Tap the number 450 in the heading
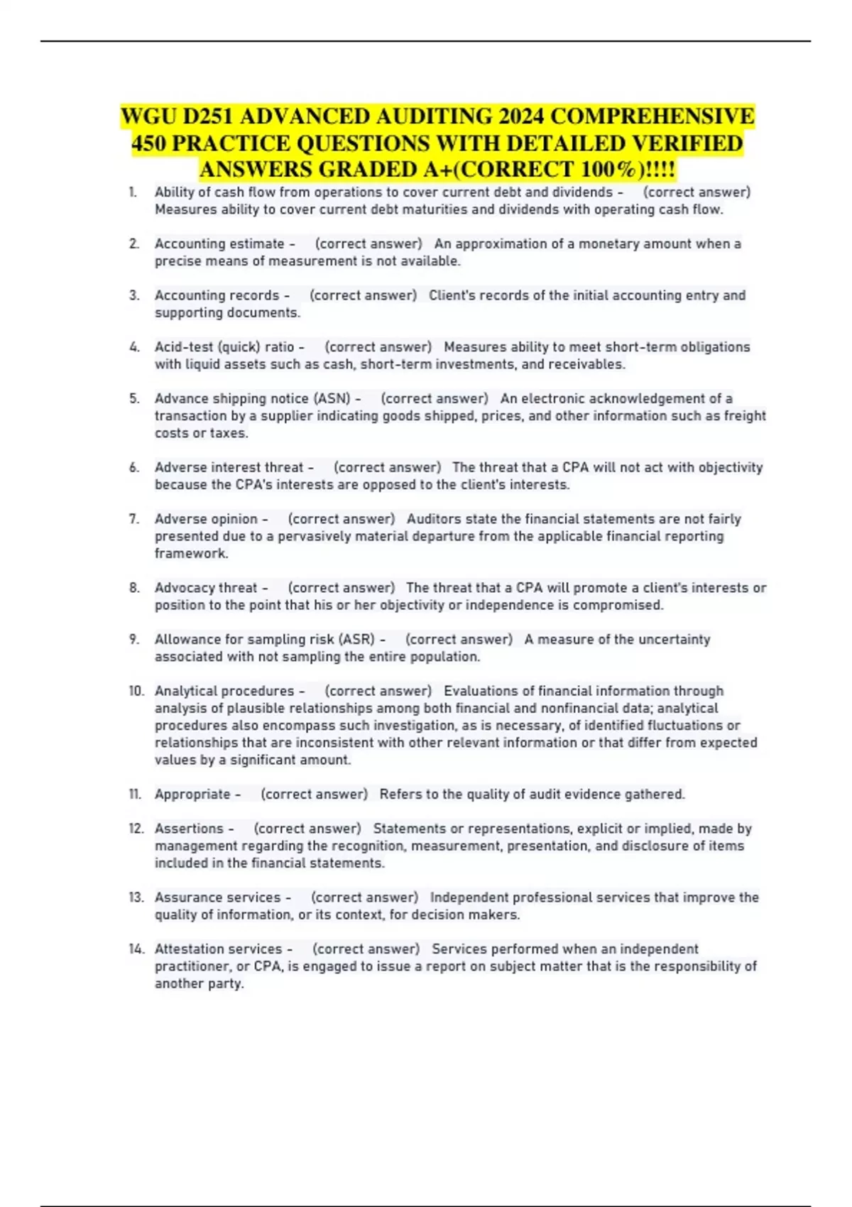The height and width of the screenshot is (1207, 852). pos(148,143)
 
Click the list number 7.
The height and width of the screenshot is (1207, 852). pos(134,519)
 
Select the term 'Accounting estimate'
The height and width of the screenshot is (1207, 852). pos(219,244)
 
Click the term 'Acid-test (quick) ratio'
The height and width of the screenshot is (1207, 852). pos(224,347)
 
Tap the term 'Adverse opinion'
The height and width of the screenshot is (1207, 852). pos(206,519)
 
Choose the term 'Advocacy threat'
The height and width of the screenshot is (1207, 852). pos(206,588)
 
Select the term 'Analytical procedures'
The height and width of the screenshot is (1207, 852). pos(224,691)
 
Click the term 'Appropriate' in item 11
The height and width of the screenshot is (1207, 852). pos(192,794)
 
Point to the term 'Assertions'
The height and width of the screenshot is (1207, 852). pos(189,829)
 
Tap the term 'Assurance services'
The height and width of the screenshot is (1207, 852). pos(218,897)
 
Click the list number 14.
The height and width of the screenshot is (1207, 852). pos(136,949)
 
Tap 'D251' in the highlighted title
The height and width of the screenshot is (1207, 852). pos(212,116)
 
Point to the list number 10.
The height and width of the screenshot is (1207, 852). pos(136,691)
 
